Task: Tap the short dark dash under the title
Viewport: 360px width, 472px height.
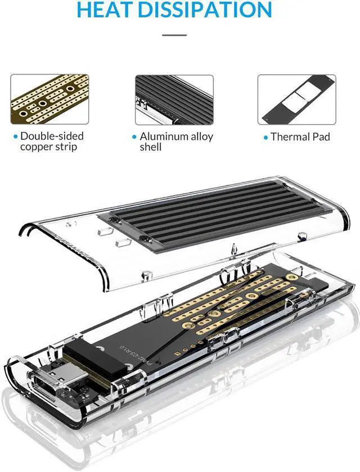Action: tap(174, 35)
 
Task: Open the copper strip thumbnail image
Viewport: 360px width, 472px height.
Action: tap(49, 99)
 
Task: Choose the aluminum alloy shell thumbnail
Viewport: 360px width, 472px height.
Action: tap(174, 99)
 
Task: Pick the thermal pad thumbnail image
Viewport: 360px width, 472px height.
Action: tap(296, 99)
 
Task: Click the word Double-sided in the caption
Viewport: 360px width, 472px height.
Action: tap(52, 136)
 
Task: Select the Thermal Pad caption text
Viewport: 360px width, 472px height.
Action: tap(300, 137)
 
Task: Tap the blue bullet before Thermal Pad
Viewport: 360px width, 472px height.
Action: tap(265, 137)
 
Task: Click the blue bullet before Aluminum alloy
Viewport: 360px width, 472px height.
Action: tap(134, 137)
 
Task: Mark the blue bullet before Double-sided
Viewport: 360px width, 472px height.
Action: tap(15, 137)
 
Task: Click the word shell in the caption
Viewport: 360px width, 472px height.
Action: tap(151, 147)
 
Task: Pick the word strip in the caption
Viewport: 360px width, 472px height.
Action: tap(65, 147)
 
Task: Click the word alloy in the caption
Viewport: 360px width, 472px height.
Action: tap(201, 136)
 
